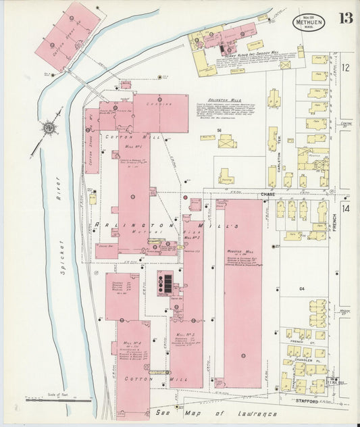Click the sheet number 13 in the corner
click(x=345, y=18)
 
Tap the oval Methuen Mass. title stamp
click(x=308, y=22)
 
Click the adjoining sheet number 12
click(x=345, y=67)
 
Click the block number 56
click(x=220, y=128)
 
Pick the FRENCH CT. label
click(x=297, y=343)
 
